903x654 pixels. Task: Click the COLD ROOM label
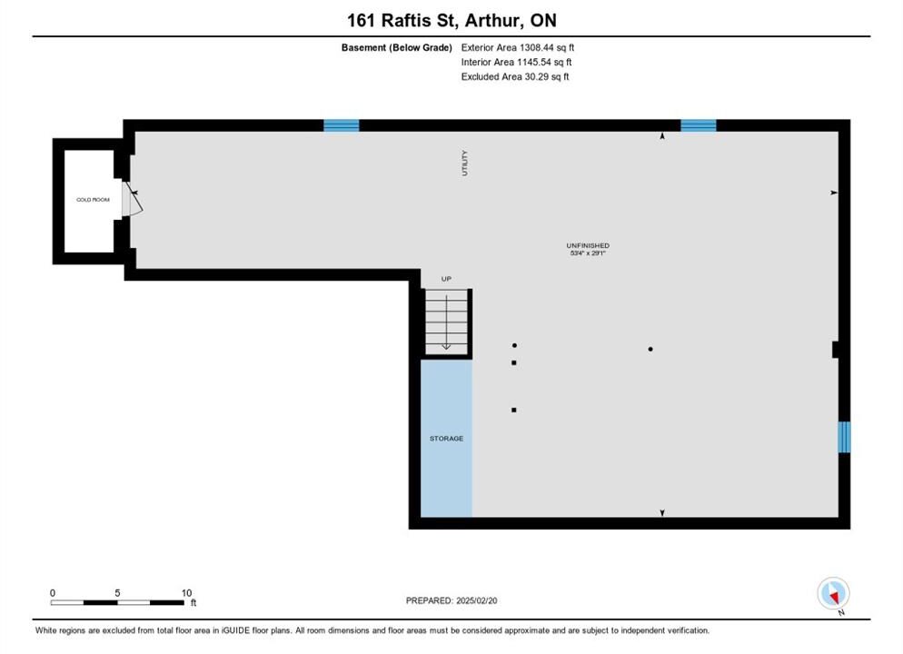(x=93, y=200)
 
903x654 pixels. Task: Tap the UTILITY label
(x=465, y=163)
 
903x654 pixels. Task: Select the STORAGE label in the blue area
(x=446, y=439)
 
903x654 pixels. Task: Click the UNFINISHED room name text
(x=588, y=246)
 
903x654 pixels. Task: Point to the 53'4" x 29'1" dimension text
(x=588, y=253)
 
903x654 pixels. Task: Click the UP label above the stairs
(x=446, y=279)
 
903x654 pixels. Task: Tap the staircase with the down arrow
(x=446, y=322)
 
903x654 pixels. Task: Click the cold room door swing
(x=133, y=199)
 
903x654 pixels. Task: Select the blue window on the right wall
(x=844, y=437)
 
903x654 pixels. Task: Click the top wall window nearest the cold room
(x=342, y=125)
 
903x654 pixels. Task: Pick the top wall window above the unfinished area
(x=699, y=125)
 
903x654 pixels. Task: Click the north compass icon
(x=833, y=593)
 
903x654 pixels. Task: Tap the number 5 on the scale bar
(x=117, y=593)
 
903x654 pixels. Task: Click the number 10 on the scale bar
(x=186, y=593)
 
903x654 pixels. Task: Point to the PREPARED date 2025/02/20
(x=477, y=600)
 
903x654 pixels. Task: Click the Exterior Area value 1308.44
(x=537, y=48)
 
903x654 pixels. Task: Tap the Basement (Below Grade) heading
(x=397, y=48)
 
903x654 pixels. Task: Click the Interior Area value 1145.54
(x=534, y=62)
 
